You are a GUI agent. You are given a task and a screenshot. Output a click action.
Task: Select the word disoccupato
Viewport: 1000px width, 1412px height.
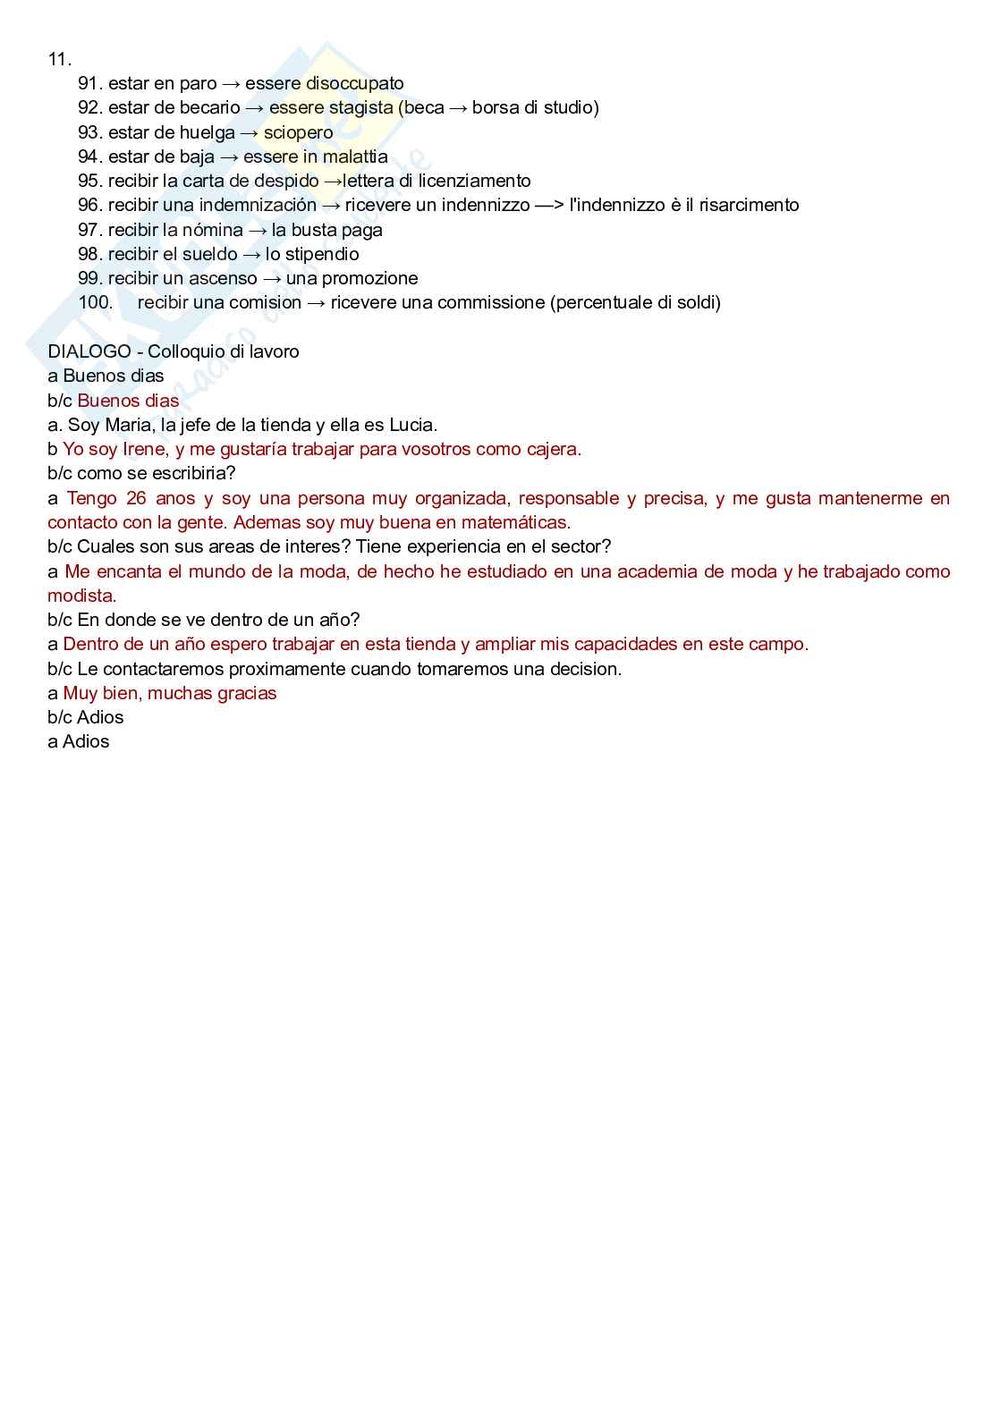click(x=354, y=83)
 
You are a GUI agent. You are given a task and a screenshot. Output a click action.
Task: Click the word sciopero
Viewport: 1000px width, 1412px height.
click(x=298, y=132)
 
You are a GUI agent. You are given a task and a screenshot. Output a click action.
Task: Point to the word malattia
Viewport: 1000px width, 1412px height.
click(x=355, y=156)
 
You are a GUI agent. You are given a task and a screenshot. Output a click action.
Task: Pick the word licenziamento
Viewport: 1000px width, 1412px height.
click(x=474, y=181)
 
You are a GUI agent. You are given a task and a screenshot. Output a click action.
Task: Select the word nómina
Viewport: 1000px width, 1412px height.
click(x=213, y=230)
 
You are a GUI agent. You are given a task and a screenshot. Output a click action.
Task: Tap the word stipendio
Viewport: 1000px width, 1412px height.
click(x=322, y=254)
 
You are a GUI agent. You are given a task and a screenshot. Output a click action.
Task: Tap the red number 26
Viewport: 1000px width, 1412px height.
click(x=136, y=498)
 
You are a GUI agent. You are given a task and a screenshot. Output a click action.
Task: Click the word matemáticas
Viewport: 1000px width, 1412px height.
click(x=514, y=522)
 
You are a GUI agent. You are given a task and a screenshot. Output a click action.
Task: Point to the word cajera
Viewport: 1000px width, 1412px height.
click(x=554, y=449)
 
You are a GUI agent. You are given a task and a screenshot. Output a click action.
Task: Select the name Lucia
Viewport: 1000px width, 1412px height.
click(x=411, y=425)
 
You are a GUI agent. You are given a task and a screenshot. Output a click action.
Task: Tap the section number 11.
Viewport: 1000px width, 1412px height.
click(x=59, y=59)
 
